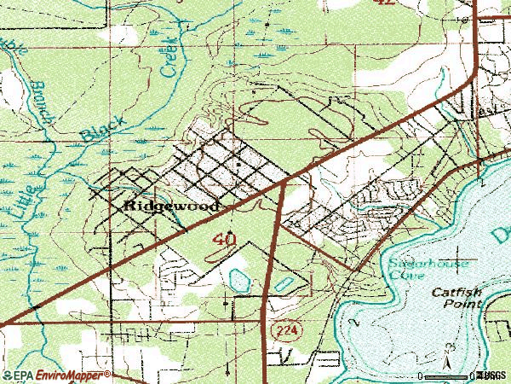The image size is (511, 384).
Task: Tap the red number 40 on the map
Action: coord(225,240)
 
